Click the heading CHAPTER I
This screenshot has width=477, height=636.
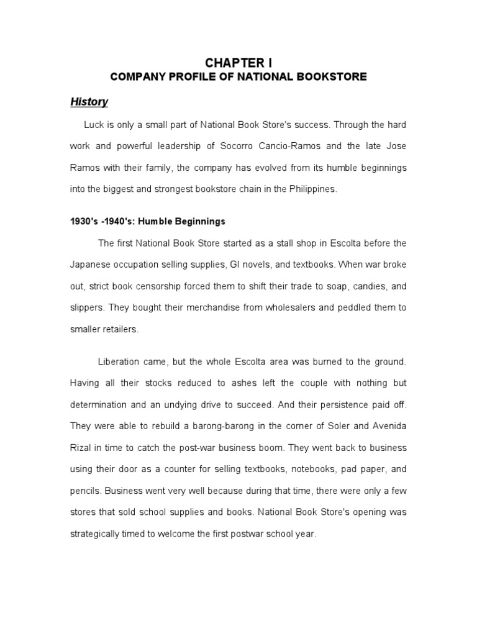tap(238, 63)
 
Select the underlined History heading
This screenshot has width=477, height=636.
tap(89, 101)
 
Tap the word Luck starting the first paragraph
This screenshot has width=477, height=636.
tap(94, 125)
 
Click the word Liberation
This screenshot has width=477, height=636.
tap(120, 361)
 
